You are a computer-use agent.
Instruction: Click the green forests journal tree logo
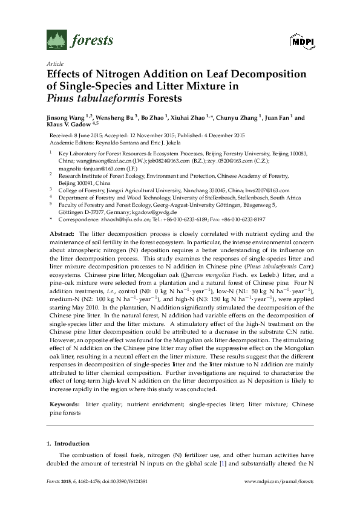[56, 41]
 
